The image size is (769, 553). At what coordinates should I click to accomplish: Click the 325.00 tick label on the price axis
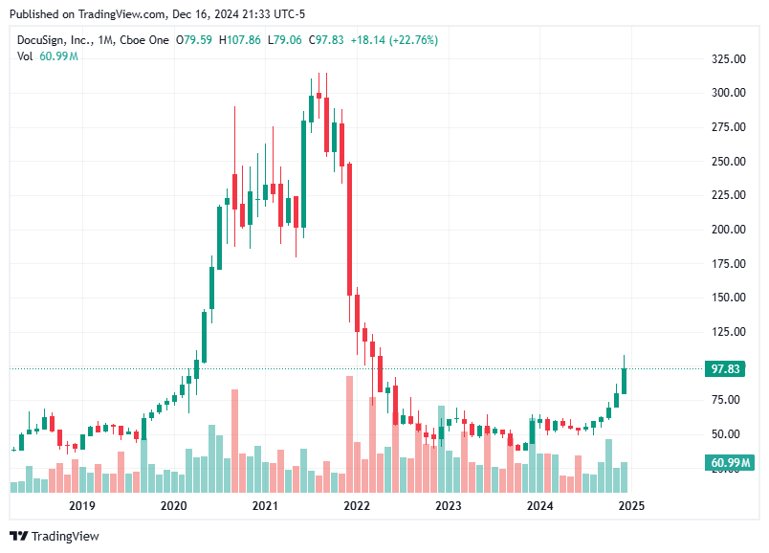(726, 59)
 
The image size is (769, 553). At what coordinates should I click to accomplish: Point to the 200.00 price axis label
(726, 230)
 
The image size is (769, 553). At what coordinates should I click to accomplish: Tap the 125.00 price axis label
(726, 332)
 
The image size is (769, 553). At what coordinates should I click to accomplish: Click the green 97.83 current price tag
(725, 369)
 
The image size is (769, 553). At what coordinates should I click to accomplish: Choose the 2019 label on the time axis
(81, 506)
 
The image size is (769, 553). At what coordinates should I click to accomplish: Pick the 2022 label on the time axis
(357, 506)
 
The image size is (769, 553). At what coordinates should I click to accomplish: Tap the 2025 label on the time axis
(630, 506)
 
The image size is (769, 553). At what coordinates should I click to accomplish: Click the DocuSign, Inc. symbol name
(54, 40)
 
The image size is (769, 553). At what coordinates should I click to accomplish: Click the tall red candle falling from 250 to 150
(350, 230)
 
